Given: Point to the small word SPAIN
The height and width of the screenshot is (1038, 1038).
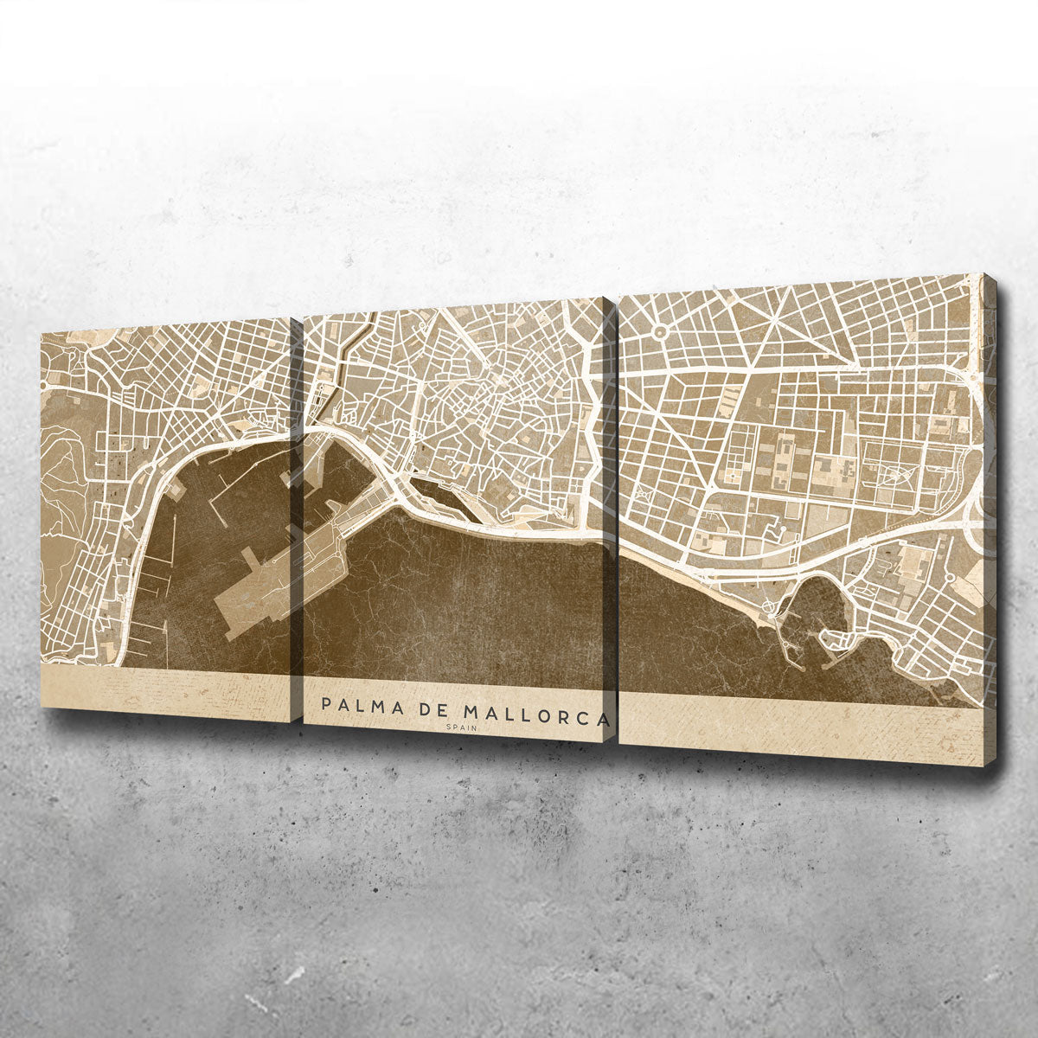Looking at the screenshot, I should click(x=462, y=727).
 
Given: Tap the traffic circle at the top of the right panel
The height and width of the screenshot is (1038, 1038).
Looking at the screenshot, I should click(x=660, y=330).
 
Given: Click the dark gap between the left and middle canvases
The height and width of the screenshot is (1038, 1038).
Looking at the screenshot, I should click(x=296, y=519).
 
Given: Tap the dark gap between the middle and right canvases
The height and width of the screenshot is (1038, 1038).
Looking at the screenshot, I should click(x=614, y=519).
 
